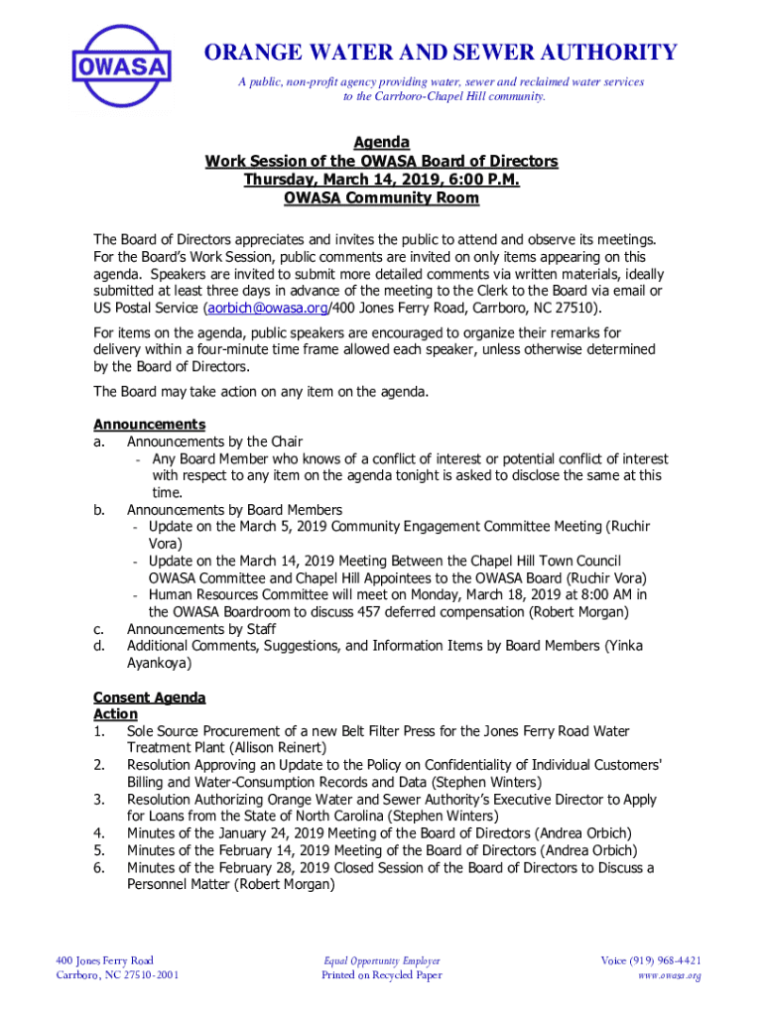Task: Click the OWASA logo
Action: tap(122, 66)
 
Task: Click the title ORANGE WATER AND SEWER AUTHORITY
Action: tap(441, 53)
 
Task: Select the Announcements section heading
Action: tap(149, 425)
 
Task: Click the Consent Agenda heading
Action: tap(149, 698)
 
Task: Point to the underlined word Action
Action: tap(115, 714)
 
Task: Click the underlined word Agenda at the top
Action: tap(382, 143)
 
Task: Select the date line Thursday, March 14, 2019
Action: tap(382, 180)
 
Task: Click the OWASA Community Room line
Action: tap(382, 197)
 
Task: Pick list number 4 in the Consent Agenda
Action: tap(99, 833)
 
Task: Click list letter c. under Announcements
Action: tap(99, 629)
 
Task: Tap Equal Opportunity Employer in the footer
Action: tap(382, 960)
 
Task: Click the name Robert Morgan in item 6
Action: tap(284, 884)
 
